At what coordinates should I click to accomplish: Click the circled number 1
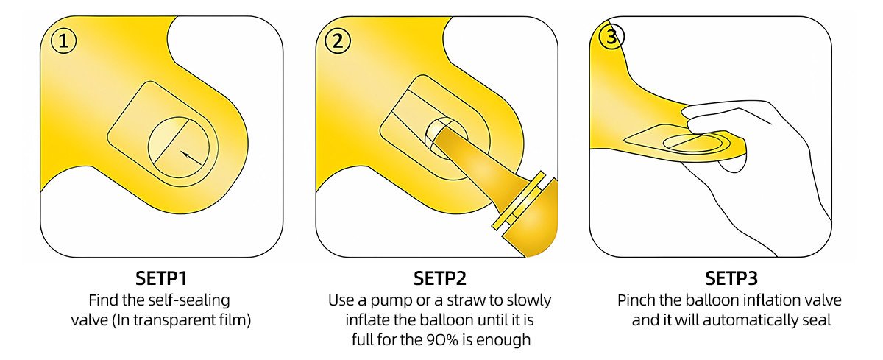click(64, 42)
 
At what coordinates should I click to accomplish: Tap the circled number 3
click(611, 38)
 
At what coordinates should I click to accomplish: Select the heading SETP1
click(161, 279)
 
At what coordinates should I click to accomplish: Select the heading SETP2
click(439, 279)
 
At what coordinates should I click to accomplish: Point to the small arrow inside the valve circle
click(190, 155)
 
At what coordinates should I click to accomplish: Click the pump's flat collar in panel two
click(522, 202)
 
